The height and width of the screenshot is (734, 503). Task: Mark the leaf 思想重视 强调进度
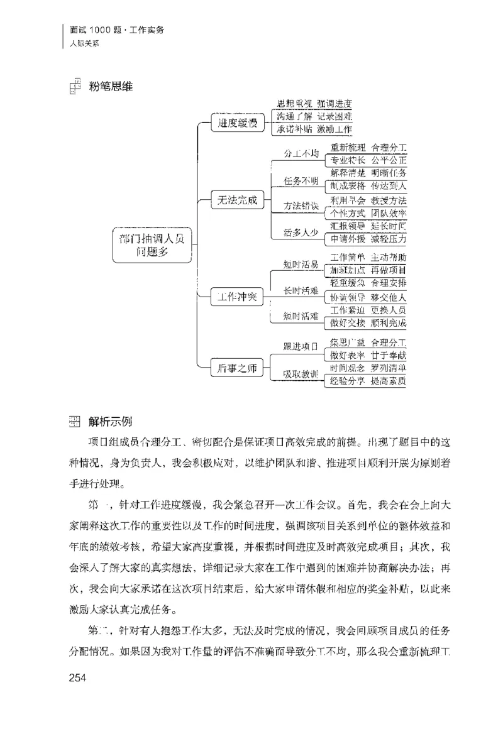pos(314,104)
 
